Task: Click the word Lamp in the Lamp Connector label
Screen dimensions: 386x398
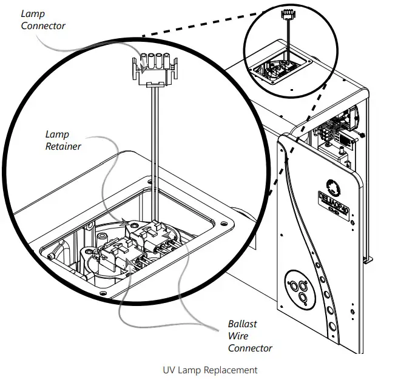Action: coord(33,13)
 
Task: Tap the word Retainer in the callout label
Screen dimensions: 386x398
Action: coord(64,145)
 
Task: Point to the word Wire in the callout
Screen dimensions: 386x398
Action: coord(238,336)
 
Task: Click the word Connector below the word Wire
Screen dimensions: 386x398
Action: coord(250,348)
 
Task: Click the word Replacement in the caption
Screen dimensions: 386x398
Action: coord(228,370)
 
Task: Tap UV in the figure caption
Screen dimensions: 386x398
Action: coord(169,370)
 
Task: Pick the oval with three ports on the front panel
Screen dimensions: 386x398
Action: coord(300,288)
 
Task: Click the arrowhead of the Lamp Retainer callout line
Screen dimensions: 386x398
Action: coord(126,223)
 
